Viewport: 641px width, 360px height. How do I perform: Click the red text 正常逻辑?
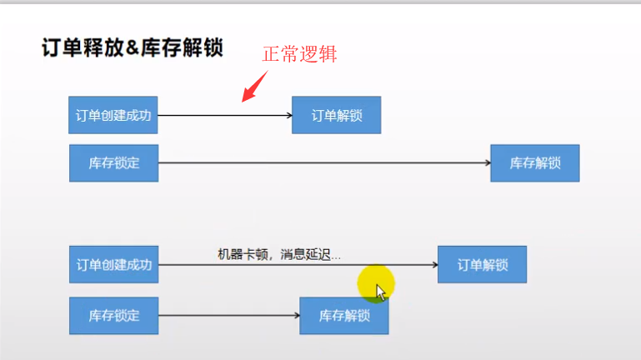pyautogui.click(x=300, y=55)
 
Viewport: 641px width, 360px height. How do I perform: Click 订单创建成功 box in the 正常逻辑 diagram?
pyautogui.click(x=113, y=115)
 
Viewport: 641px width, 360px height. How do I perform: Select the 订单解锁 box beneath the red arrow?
pyautogui.click(x=336, y=115)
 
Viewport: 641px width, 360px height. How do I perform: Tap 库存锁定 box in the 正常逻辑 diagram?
pyautogui.click(x=113, y=162)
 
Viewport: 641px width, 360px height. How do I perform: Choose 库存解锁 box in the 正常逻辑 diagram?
pyautogui.click(x=534, y=163)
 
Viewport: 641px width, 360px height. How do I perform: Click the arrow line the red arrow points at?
pyautogui.click(x=223, y=115)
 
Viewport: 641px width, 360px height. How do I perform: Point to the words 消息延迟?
pyautogui.click(x=307, y=255)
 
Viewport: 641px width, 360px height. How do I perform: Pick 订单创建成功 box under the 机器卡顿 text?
pyautogui.click(x=113, y=265)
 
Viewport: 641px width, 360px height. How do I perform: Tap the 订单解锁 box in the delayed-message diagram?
pyautogui.click(x=482, y=265)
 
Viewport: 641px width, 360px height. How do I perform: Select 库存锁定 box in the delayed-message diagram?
pyautogui.click(x=113, y=315)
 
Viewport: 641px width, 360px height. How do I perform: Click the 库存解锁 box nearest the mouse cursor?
pyautogui.click(x=343, y=316)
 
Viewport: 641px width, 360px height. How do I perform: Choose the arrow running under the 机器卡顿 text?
pyautogui.click(x=297, y=265)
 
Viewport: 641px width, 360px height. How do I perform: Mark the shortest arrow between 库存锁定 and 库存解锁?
pyautogui.click(x=228, y=316)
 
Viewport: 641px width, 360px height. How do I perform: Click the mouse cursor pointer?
pyautogui.click(x=380, y=291)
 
